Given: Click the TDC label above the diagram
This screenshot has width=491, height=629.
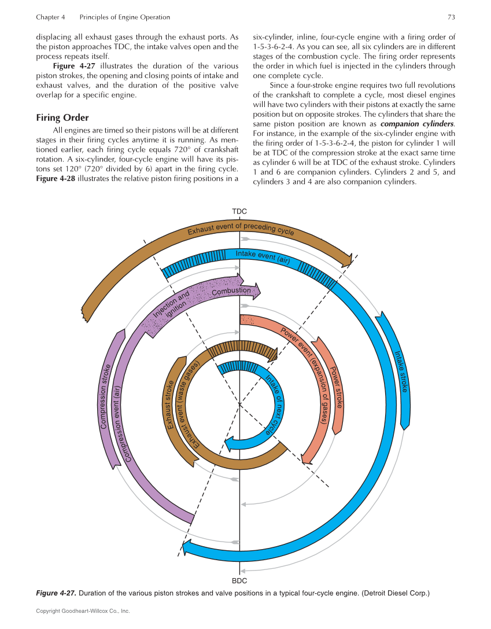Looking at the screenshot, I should (x=239, y=211).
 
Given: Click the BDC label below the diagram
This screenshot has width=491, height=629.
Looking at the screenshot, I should (x=239, y=579).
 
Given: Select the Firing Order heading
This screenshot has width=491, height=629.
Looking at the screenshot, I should (x=62, y=117).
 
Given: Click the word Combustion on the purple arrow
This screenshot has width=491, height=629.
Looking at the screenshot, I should (x=231, y=291).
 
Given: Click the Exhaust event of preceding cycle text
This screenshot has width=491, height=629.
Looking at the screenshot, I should (x=241, y=227).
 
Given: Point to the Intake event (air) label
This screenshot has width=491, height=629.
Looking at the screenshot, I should (x=263, y=256).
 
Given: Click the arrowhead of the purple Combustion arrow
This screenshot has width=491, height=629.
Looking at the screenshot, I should (x=255, y=291).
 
